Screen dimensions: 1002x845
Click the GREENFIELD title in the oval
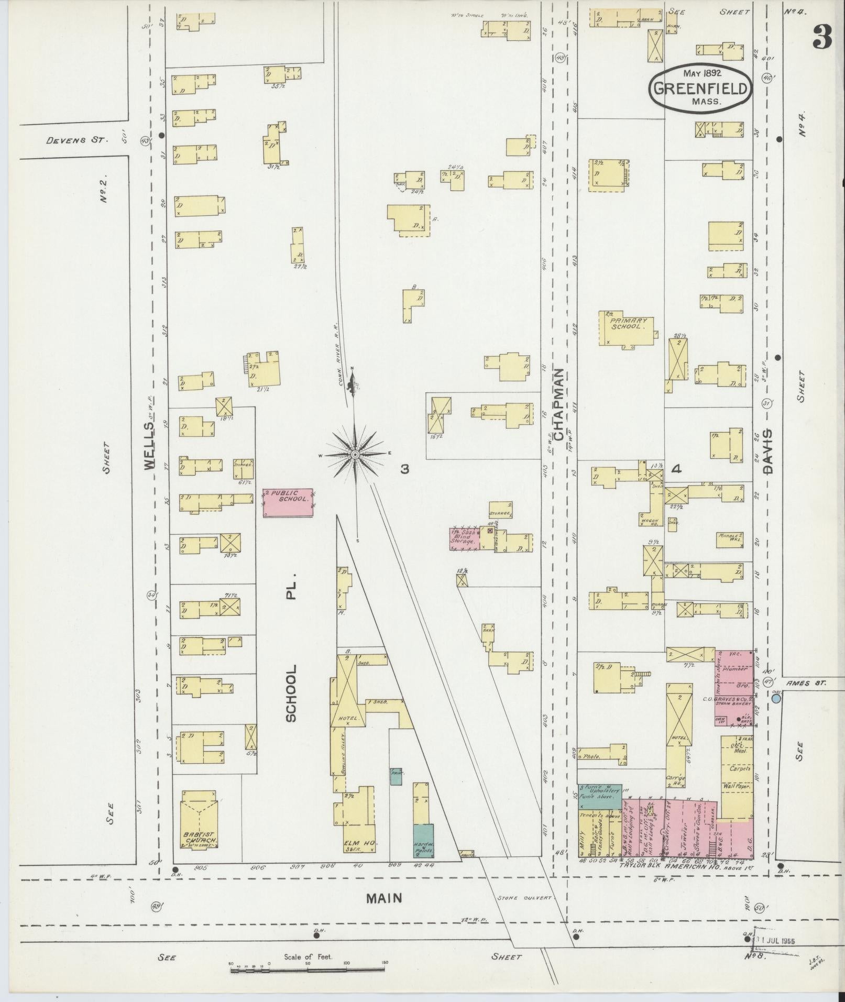[x=700, y=88]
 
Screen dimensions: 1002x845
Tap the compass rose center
[x=354, y=454]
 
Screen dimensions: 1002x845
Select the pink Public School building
[x=288, y=502]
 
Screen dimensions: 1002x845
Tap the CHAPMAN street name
[x=558, y=404]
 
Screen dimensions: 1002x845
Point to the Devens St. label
[x=76, y=140]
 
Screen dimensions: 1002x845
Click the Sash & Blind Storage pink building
[x=464, y=538]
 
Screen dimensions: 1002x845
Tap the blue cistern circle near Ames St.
[x=776, y=698]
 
